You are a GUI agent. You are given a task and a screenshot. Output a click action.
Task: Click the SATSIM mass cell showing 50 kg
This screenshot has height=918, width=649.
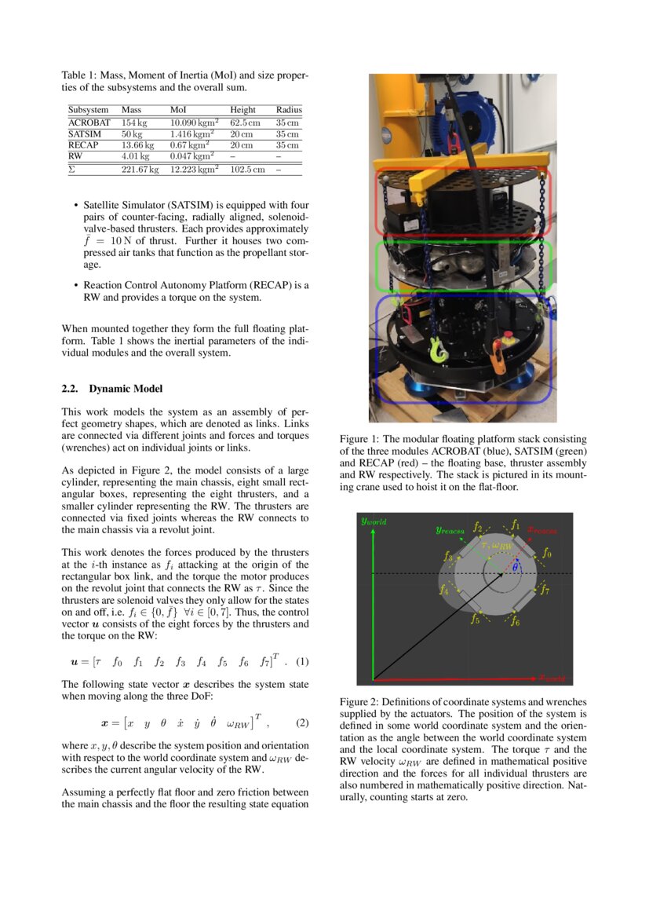132,134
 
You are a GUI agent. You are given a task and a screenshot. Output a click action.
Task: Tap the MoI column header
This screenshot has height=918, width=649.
178,111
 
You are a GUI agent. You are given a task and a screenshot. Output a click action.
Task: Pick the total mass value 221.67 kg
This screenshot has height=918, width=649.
140,170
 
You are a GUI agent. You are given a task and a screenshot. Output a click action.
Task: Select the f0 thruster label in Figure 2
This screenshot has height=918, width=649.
547,554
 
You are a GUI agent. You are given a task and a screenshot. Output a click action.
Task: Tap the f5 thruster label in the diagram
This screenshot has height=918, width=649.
475,620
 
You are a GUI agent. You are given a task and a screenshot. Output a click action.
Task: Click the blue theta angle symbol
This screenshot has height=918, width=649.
515,567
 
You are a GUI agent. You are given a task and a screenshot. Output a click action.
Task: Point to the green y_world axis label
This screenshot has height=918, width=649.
374,521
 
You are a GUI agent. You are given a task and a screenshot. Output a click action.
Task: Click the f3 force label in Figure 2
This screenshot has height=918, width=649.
447,556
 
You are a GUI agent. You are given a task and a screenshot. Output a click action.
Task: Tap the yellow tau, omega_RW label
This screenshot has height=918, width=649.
496,544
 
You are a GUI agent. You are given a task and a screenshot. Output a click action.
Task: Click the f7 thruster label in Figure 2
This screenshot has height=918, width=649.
545,589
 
